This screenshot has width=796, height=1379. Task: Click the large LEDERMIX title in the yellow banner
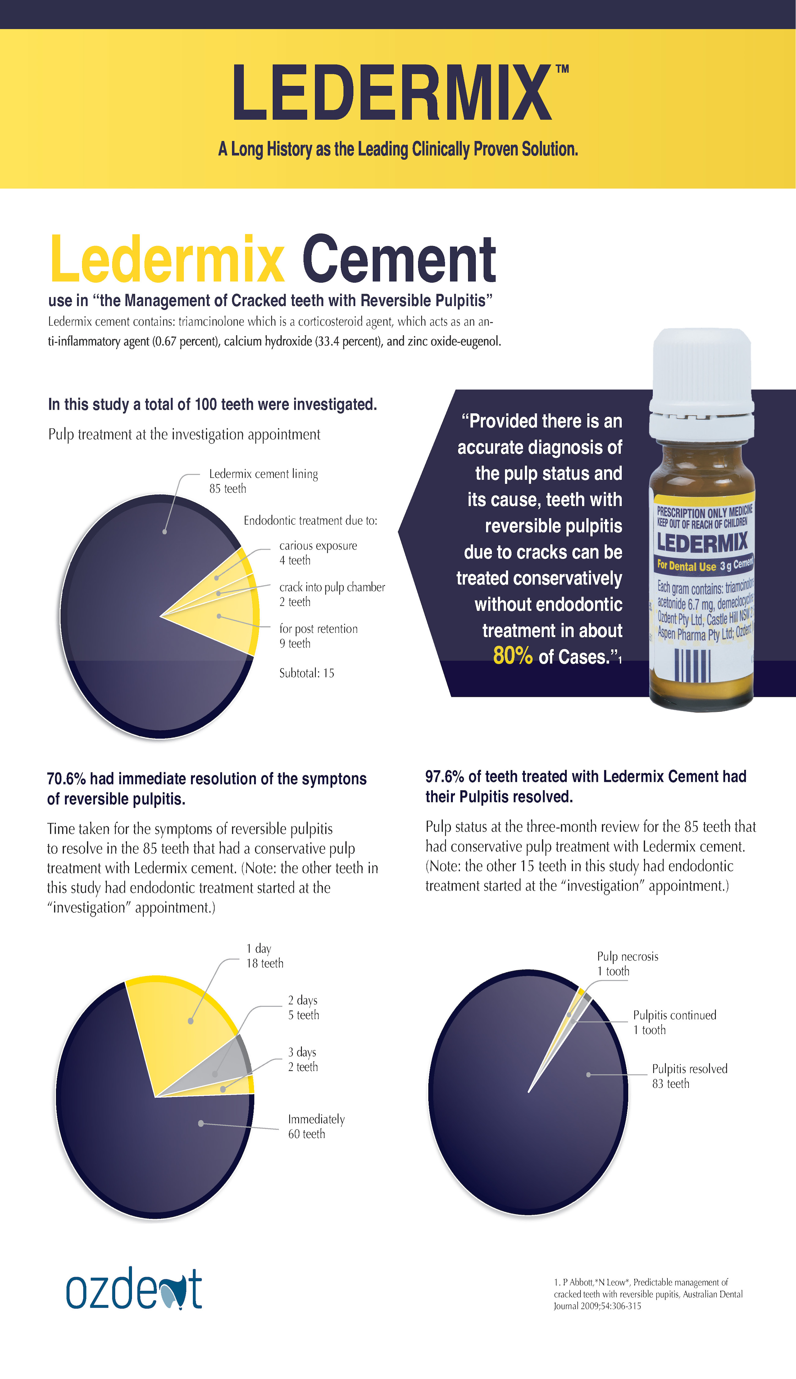tap(392, 92)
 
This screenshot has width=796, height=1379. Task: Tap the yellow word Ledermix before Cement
tap(167, 259)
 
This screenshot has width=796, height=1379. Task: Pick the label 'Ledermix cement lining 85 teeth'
tap(263, 481)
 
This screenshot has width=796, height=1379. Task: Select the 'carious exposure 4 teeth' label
tap(318, 553)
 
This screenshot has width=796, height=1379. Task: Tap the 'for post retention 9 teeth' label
tap(318, 636)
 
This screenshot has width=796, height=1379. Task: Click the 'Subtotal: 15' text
tap(307, 673)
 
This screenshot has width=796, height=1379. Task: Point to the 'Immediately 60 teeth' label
tap(316, 1126)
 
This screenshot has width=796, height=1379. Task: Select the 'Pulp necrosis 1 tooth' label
tap(627, 963)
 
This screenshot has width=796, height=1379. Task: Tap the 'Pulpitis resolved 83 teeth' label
tap(689, 1076)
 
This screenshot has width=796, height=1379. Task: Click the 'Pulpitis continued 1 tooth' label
tap(674, 1023)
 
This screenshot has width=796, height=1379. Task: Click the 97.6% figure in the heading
tap(445, 776)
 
